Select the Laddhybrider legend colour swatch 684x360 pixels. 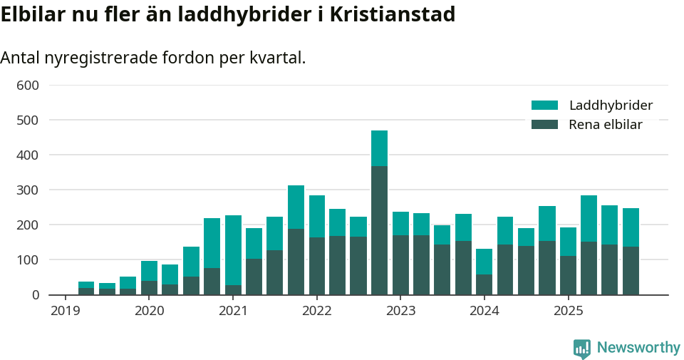tap(544, 106)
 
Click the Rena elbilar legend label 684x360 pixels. tap(606, 125)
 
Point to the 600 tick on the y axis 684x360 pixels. tap(28, 86)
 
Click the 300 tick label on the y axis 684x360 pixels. tap(28, 190)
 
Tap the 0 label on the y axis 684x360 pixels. tap(35, 295)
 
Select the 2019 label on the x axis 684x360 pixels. tap(66, 312)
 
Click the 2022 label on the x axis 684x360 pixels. tap(317, 312)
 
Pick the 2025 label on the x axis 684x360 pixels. tap(569, 312)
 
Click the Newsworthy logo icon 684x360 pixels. tap(581, 348)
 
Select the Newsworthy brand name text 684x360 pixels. tap(638, 348)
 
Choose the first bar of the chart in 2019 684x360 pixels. tap(86, 289)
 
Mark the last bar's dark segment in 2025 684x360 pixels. tap(631, 271)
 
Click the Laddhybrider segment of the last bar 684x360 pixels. tap(631, 227)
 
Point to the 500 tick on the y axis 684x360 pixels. tap(28, 120)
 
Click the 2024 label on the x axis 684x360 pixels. tap(484, 312)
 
